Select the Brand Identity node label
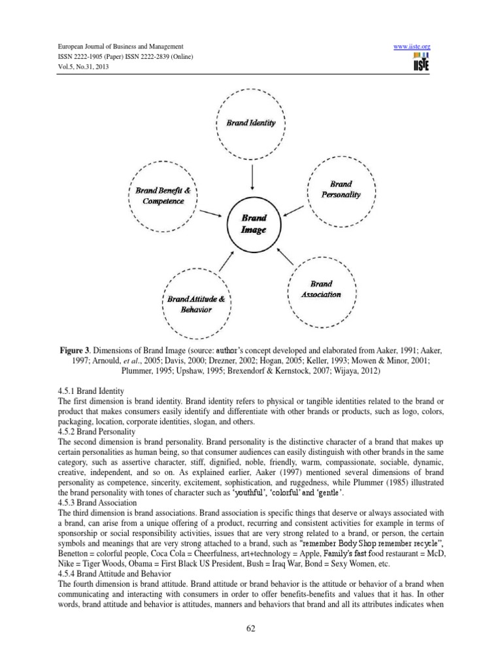pos(251,122)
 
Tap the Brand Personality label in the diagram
pos(341,190)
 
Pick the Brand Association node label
pos(321,289)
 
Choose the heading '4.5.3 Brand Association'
pos(101,502)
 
